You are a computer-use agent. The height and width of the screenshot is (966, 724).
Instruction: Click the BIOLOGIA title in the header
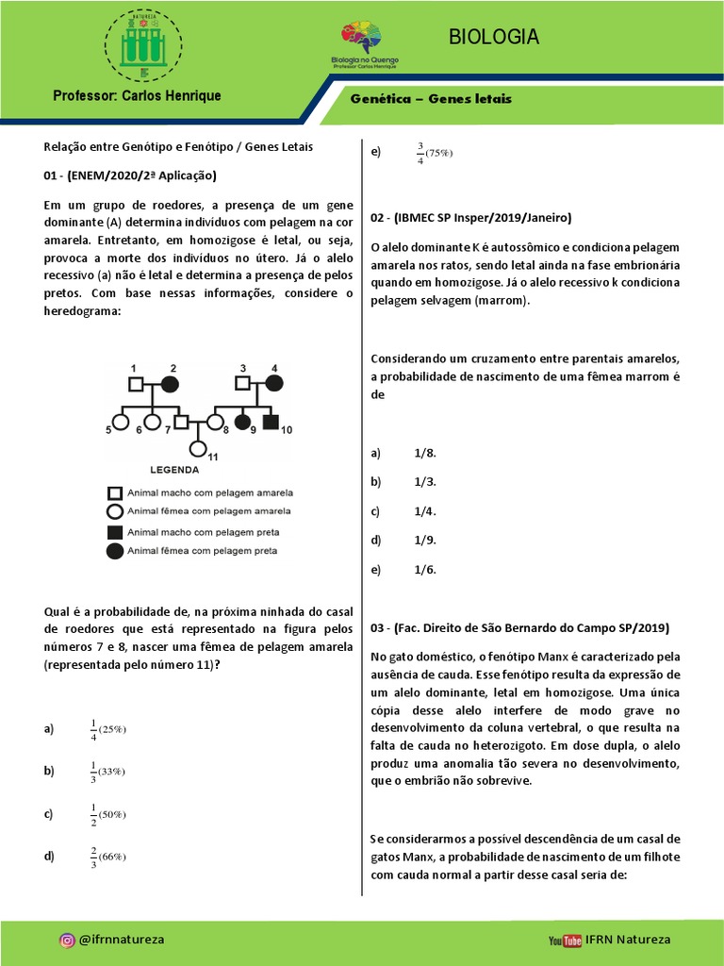[494, 37]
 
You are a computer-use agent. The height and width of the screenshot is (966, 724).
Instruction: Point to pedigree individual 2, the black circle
[170, 383]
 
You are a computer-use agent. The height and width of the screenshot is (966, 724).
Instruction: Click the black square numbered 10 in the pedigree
[271, 422]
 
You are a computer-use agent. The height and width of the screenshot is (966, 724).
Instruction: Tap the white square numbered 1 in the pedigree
[136, 383]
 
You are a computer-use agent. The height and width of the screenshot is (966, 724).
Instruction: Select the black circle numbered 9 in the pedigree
[242, 422]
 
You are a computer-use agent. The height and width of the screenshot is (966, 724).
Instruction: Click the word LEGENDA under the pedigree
[174, 469]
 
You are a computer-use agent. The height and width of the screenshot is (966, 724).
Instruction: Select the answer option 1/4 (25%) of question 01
[107, 729]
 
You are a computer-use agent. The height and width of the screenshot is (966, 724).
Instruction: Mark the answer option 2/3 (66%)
[107, 857]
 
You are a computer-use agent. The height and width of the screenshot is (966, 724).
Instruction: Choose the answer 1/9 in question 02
[424, 541]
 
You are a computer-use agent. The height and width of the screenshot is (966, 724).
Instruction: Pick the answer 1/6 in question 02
[424, 570]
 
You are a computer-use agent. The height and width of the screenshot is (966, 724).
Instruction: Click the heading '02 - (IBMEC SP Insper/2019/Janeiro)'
[470, 218]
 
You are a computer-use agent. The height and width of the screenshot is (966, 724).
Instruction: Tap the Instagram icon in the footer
[67, 940]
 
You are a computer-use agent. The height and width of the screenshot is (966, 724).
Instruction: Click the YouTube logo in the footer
[565, 940]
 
